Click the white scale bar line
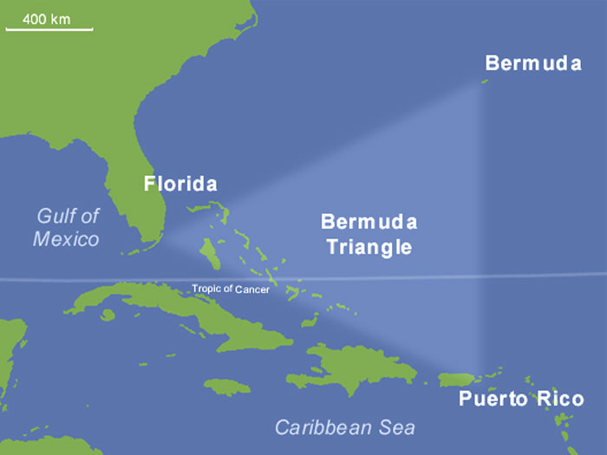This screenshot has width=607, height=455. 49,29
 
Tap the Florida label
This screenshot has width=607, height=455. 180,184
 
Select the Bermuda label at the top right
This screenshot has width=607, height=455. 532,62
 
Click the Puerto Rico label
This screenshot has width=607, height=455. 521,400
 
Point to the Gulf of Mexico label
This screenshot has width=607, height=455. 68,227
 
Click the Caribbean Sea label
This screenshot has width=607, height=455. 344,427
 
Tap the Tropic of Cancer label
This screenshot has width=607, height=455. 231,289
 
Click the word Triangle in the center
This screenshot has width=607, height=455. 369,247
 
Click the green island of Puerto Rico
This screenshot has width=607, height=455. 457,380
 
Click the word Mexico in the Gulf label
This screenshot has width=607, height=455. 66,238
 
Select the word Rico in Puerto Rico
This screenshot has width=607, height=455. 559,400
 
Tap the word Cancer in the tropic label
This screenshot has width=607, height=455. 252,290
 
